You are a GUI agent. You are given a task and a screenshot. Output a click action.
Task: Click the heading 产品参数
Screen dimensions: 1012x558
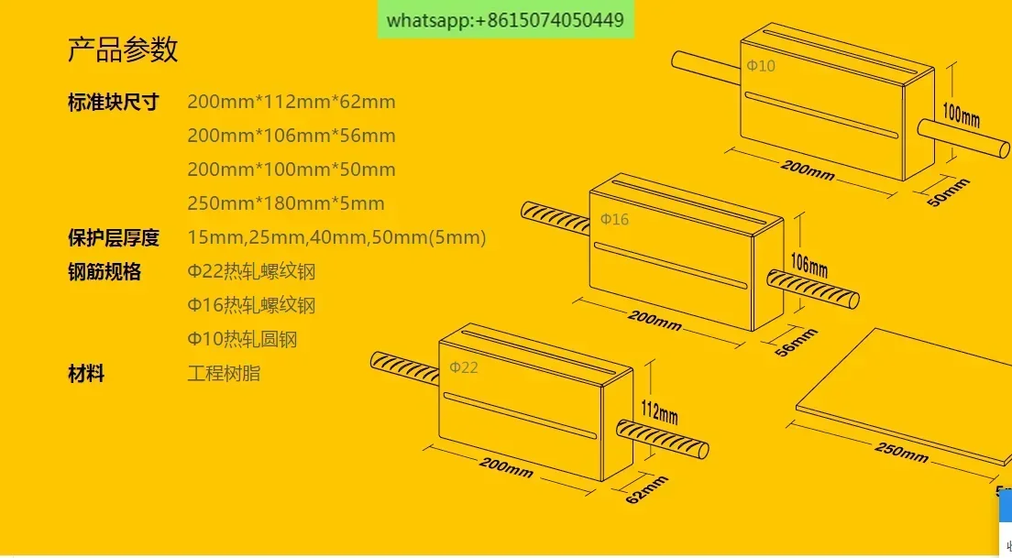point(123,49)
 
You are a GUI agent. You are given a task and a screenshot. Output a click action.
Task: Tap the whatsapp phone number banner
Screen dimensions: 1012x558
point(505,19)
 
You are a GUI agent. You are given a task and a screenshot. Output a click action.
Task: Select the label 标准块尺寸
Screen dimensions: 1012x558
point(113,102)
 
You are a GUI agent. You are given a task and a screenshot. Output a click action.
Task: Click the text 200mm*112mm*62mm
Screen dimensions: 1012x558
point(291,102)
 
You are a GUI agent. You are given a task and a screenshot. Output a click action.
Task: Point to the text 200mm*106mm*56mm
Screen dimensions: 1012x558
point(291,136)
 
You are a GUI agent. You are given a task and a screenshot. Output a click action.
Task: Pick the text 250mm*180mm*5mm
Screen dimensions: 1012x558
point(286,203)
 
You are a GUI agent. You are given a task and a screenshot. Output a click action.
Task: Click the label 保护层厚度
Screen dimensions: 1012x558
point(113,237)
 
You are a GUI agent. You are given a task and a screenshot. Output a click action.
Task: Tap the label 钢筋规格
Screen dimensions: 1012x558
point(104,271)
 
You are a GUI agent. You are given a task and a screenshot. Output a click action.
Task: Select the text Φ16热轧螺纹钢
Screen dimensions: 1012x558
point(251,305)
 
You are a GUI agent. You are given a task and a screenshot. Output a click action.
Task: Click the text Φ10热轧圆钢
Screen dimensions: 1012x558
point(242,339)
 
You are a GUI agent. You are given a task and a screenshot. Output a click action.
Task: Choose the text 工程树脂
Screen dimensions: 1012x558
point(224,374)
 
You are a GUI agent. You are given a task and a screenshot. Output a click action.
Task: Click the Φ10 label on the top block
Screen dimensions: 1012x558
point(761,66)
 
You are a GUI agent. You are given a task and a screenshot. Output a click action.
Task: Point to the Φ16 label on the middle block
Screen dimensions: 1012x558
point(614,219)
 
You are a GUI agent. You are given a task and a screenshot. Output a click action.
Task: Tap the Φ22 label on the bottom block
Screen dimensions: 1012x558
point(464,367)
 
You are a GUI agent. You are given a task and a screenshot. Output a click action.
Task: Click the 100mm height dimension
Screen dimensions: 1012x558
point(961,115)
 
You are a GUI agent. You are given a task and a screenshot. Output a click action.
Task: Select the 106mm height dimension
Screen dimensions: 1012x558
point(809,265)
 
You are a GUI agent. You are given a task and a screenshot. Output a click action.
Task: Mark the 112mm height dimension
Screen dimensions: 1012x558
point(659,411)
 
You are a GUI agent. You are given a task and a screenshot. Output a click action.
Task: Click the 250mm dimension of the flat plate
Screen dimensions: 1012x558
point(902,453)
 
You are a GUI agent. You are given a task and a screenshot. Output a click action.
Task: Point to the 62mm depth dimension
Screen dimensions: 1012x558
point(646,489)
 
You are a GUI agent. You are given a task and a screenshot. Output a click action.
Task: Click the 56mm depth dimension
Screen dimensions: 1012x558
point(796,343)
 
